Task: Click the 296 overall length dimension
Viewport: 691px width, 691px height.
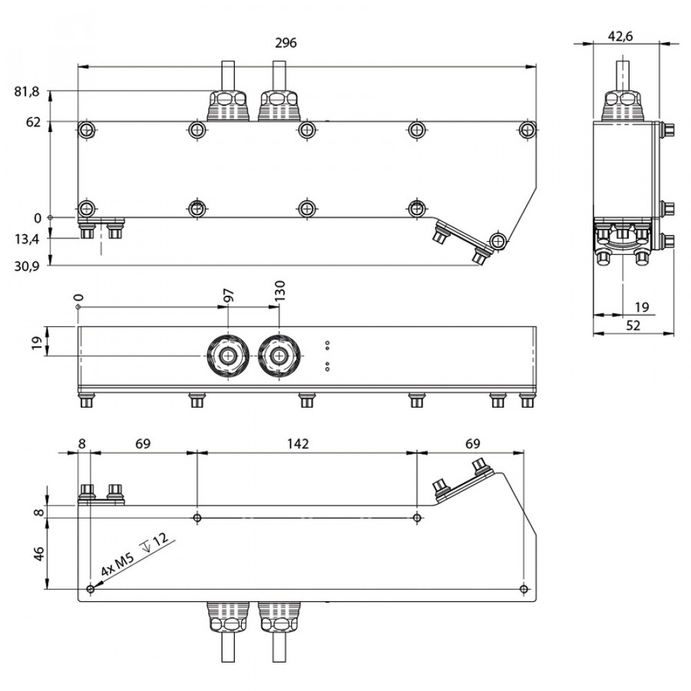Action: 285,43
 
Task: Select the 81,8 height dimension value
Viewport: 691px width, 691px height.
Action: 28,91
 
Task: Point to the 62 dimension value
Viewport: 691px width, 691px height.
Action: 34,122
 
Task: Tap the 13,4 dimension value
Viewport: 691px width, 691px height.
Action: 28,239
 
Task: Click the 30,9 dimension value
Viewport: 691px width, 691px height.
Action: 28,265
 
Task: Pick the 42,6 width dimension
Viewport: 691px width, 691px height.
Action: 620,37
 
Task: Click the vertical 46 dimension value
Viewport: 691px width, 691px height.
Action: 39,553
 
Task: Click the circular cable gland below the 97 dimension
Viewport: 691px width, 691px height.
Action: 227,356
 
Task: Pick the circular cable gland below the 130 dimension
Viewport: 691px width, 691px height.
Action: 278,356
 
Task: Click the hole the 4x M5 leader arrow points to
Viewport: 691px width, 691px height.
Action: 91,589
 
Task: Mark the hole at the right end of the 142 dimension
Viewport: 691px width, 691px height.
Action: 417,518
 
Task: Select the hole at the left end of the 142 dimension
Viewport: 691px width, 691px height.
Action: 198,518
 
